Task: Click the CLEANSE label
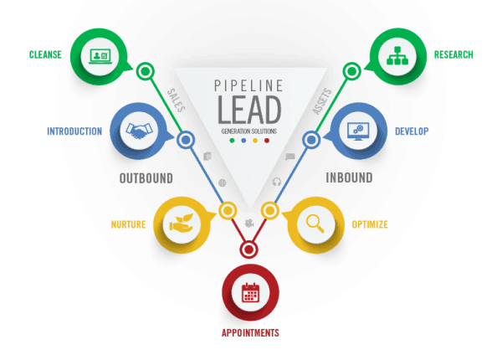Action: point(45,54)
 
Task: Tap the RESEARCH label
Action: point(453,54)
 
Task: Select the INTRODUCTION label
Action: point(74,131)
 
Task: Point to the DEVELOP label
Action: point(412,131)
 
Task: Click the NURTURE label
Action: point(128,224)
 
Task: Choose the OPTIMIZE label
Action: point(370,224)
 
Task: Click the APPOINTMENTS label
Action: point(250,333)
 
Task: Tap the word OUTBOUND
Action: point(146,178)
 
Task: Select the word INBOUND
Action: point(349,177)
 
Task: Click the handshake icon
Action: point(139,131)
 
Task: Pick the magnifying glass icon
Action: point(315,224)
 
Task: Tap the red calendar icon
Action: point(250,292)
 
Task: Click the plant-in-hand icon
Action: point(182,224)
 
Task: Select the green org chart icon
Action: point(397,56)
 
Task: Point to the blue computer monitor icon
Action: point(358,131)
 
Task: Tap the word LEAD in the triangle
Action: point(249,110)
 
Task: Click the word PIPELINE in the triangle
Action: point(248,86)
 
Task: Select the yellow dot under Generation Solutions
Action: point(255,141)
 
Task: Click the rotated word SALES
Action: point(176,100)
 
